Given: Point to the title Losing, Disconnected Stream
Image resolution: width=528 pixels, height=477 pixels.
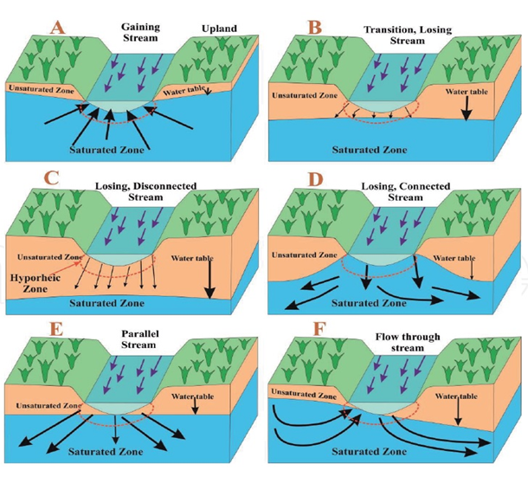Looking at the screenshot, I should (x=145, y=191).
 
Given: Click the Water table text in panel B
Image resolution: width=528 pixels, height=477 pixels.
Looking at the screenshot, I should (x=462, y=89).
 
